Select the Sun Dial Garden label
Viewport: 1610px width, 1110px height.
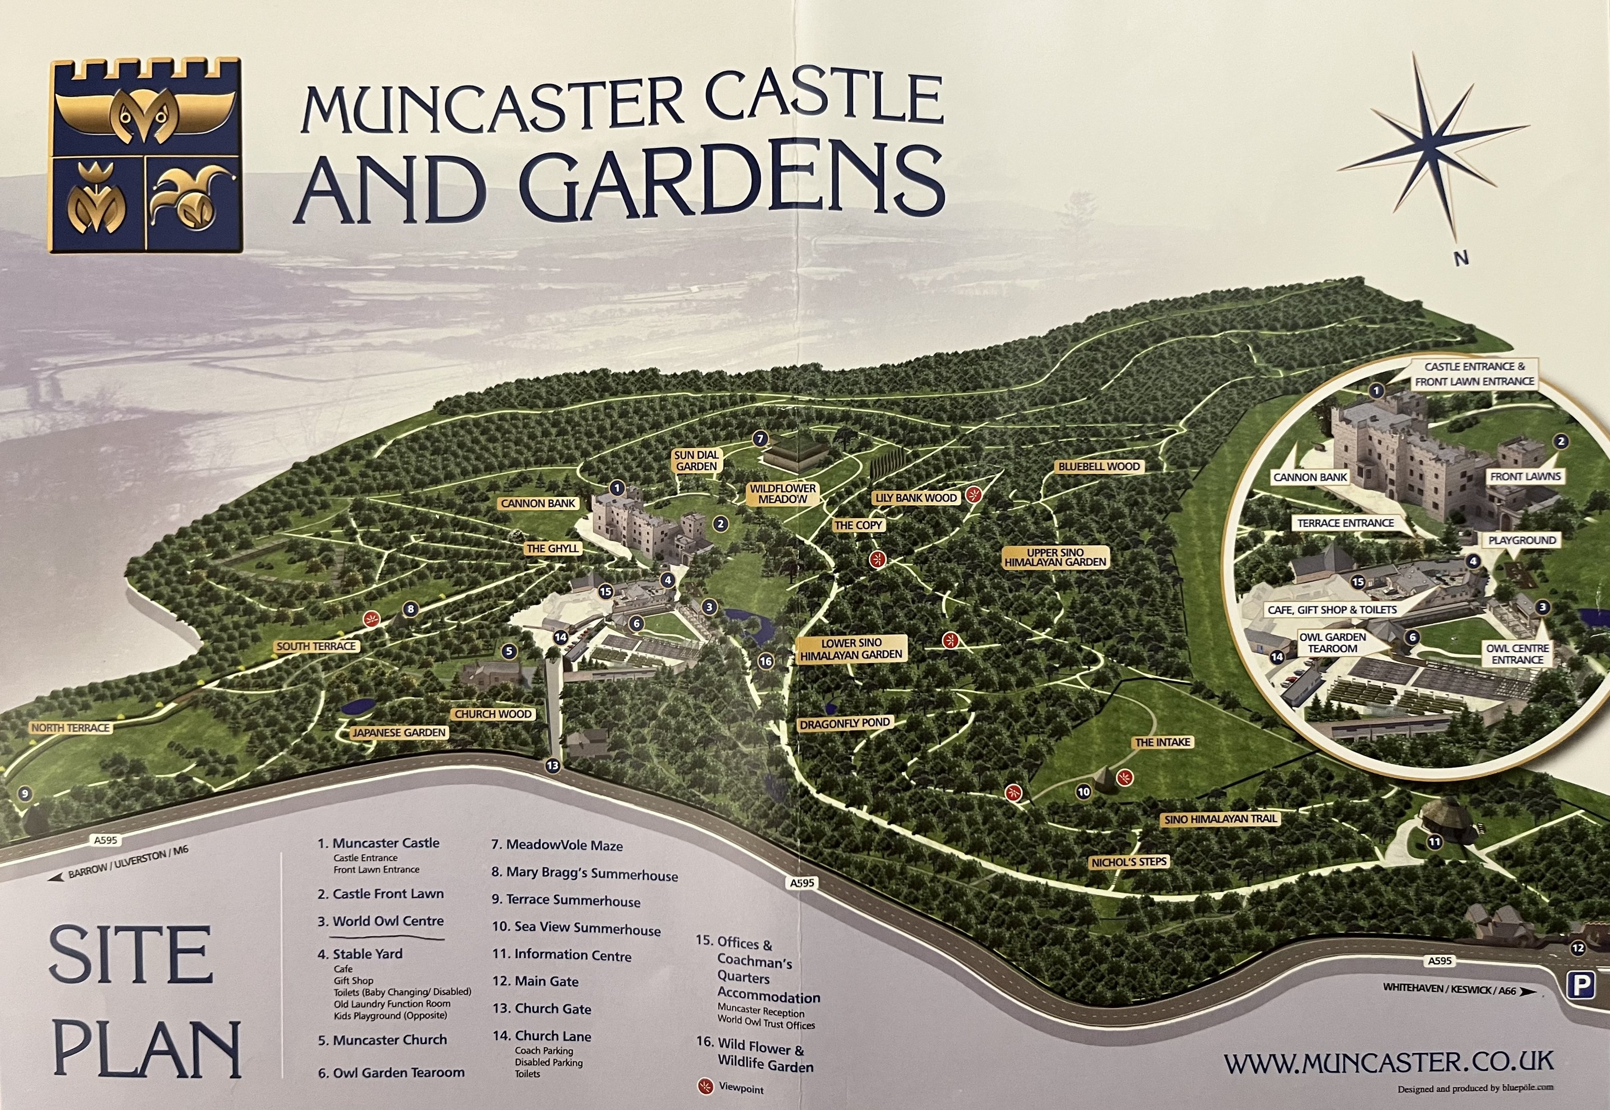(x=696, y=460)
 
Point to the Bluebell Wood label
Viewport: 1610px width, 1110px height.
(x=1098, y=467)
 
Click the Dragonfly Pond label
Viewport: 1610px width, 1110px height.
(x=845, y=724)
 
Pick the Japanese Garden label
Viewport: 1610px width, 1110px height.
(x=398, y=732)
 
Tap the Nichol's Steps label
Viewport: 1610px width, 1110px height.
(x=1129, y=862)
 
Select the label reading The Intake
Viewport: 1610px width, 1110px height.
(x=1163, y=743)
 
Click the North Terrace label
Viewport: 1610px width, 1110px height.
(x=71, y=728)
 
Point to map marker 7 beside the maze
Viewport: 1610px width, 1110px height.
(x=760, y=439)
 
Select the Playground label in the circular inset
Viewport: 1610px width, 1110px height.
(x=1522, y=541)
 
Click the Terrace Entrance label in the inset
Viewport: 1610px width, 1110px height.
(x=1345, y=523)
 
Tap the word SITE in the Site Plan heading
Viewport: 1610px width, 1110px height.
(x=130, y=954)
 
